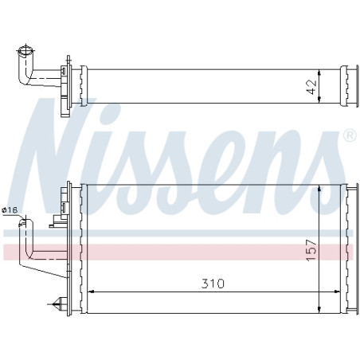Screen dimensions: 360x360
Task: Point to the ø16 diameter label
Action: click(10, 210)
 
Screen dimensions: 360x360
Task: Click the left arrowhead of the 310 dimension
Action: click(88, 291)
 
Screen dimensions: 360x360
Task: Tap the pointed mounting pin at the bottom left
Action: click(55, 303)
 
